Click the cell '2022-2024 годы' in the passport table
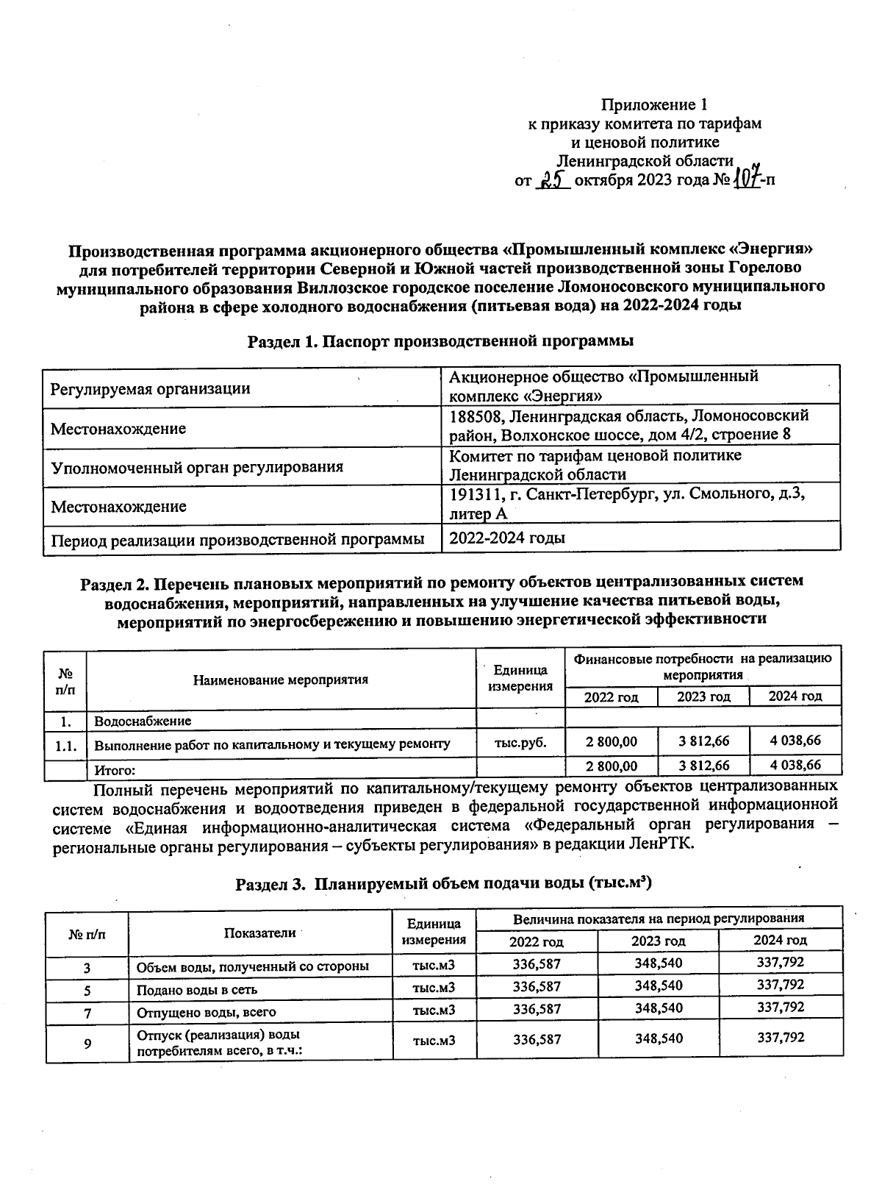(507, 538)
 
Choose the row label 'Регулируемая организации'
(150, 389)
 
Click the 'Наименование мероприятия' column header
(281, 680)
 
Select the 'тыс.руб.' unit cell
(520, 743)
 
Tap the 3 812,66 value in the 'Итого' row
(703, 766)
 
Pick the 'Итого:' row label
(115, 771)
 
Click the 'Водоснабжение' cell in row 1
(143, 721)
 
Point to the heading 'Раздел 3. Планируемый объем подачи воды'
(443, 883)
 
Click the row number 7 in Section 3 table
(87, 1013)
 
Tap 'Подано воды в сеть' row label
(197, 990)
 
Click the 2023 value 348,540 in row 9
(659, 1039)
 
